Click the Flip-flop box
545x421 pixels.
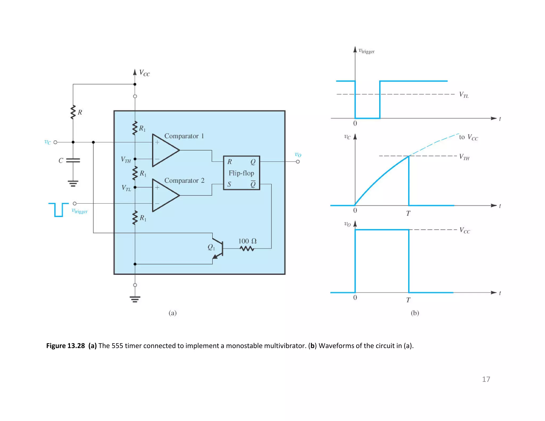[241, 173]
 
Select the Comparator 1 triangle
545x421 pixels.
[164, 150]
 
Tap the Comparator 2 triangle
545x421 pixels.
[164, 195]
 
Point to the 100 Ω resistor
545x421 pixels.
[247, 249]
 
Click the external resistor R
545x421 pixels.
[73, 112]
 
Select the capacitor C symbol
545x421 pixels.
[73, 160]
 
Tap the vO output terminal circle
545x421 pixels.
[298, 162]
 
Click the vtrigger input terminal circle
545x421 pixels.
[75, 203]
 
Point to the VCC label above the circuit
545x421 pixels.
[144, 73]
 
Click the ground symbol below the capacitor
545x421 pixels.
[73, 183]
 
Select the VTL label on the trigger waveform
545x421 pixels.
[464, 95]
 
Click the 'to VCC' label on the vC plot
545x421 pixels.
[468, 137]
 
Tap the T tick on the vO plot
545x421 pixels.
[408, 300]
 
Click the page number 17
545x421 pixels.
[486, 379]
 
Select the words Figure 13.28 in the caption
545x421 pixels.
[65, 346]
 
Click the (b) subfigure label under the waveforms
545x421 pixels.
[415, 313]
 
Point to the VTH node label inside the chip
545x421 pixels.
[126, 160]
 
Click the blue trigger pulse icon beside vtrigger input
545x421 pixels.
[58, 210]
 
